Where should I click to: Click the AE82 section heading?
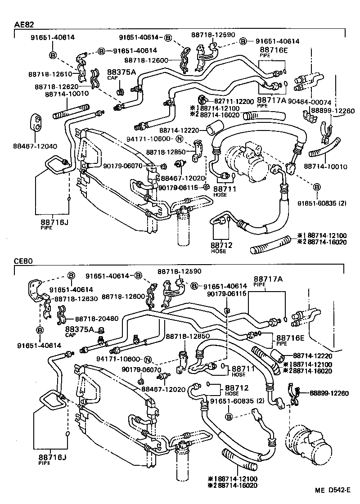(23, 25)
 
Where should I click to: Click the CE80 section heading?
(23, 261)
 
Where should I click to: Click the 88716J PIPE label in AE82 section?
(53, 223)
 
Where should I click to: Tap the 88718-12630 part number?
(75, 299)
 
